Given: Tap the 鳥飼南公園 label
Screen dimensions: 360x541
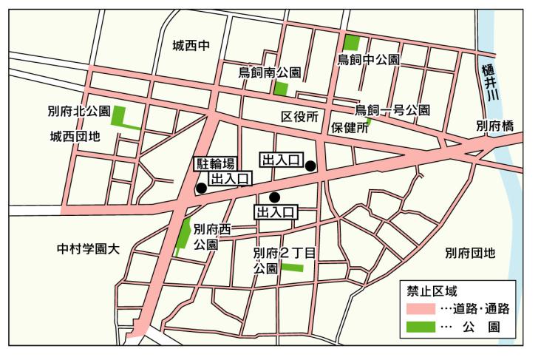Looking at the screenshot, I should [x=269, y=72].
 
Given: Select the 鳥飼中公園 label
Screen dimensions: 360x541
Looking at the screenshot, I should [x=369, y=59].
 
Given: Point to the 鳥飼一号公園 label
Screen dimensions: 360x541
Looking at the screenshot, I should [x=392, y=110].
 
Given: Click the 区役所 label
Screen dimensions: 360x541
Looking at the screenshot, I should [x=299, y=118].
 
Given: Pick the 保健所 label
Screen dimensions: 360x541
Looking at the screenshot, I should [x=350, y=127].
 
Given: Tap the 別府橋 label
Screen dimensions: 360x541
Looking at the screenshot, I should [x=494, y=126].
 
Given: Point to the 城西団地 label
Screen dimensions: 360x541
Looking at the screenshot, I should [x=75, y=136].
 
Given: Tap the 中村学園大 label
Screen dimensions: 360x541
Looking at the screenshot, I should [x=88, y=248].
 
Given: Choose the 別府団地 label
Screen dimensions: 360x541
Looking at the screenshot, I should [x=470, y=253].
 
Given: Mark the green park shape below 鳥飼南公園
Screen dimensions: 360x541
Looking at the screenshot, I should [x=281, y=89].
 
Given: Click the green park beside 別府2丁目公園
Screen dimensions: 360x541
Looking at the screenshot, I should [x=293, y=267].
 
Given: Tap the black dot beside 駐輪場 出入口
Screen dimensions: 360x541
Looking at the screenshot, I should [x=201, y=189].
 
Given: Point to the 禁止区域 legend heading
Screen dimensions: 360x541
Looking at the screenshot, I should [x=428, y=290].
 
